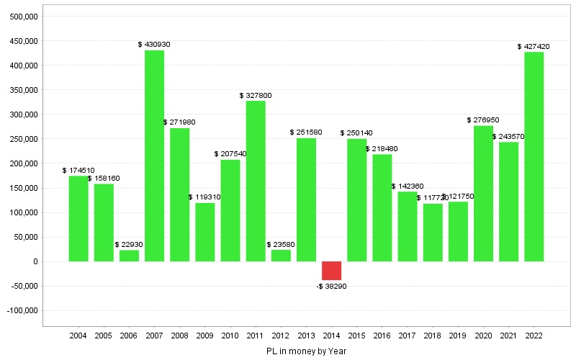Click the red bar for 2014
[331, 271]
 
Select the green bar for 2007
[154, 156]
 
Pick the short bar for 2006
[129, 256]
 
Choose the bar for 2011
[256, 181]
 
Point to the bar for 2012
[281, 256]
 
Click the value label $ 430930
[154, 45]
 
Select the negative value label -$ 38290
[331, 287]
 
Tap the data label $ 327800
[256, 95]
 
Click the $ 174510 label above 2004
[78, 170]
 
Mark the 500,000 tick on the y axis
[24, 17]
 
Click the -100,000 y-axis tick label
[22, 310]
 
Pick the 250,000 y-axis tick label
[24, 139]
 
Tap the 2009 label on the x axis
[204, 336]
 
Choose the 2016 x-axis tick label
[382, 336]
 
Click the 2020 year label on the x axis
[483, 336]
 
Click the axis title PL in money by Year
[306, 351]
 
